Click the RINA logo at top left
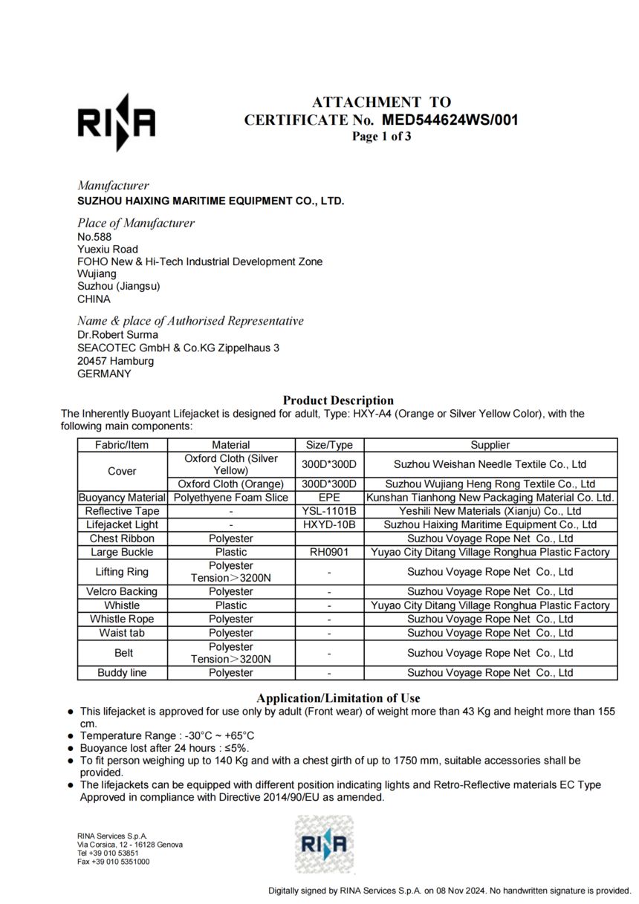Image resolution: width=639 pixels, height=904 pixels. pos(117,122)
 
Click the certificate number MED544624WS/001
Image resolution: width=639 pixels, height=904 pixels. pos(450,120)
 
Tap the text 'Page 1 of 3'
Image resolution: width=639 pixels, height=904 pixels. pos(381,136)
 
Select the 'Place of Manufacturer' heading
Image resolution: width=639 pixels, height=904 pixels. pos(136,223)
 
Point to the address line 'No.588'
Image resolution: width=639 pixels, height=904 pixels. pos(94,236)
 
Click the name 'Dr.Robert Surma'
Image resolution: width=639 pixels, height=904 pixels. pos(117,334)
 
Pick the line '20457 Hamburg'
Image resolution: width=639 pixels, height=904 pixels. pos(116,361)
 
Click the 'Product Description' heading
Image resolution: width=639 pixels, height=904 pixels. pos(338,400)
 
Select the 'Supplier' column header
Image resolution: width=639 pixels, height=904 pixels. pos(490,445)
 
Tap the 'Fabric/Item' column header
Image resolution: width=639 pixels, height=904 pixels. pos(123,445)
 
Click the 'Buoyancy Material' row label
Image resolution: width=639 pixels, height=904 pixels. pos(123,498)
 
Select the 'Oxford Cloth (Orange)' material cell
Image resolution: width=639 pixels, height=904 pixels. pos(231,484)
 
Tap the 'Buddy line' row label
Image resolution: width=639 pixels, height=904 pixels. pos(123,673)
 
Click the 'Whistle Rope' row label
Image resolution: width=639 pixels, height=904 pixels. pos(123,619)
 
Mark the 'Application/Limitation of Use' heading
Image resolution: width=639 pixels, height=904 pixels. pos(338,697)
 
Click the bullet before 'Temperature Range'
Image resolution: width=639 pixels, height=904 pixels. pos(70,736)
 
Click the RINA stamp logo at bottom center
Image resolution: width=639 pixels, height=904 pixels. pos(324,844)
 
